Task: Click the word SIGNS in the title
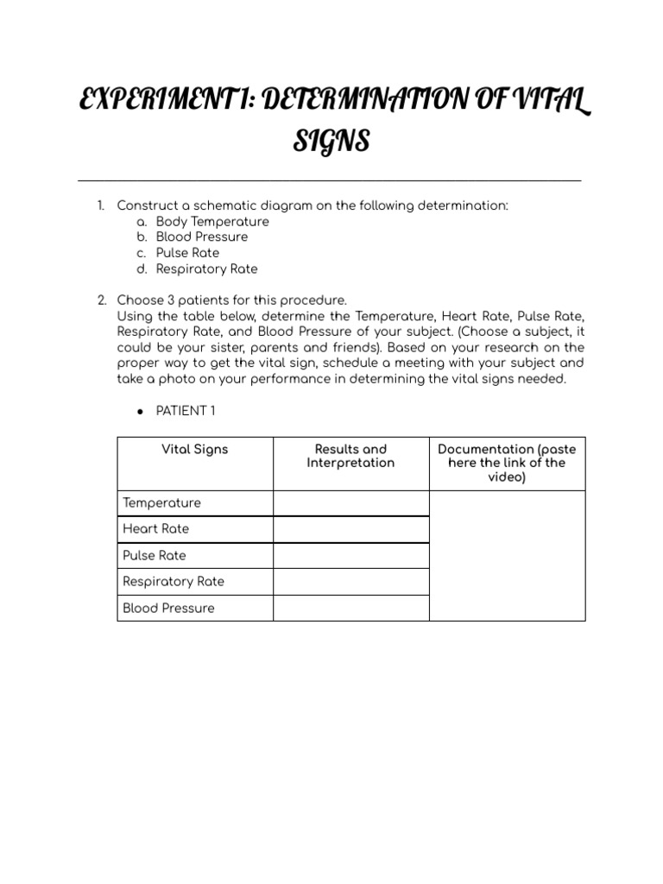331,141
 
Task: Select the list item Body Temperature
212,221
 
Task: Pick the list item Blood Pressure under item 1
202,237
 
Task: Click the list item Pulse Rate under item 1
187,253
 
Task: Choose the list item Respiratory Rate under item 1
206,268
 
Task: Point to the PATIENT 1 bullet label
186,411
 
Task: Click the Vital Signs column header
195,449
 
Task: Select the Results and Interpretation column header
350,456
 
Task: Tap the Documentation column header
507,463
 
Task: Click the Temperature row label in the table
161,502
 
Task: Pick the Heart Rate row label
155,528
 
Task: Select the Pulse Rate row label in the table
154,555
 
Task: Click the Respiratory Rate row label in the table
173,581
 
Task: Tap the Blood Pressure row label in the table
168,608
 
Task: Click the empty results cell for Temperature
350,502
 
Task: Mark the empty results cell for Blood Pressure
350,608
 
